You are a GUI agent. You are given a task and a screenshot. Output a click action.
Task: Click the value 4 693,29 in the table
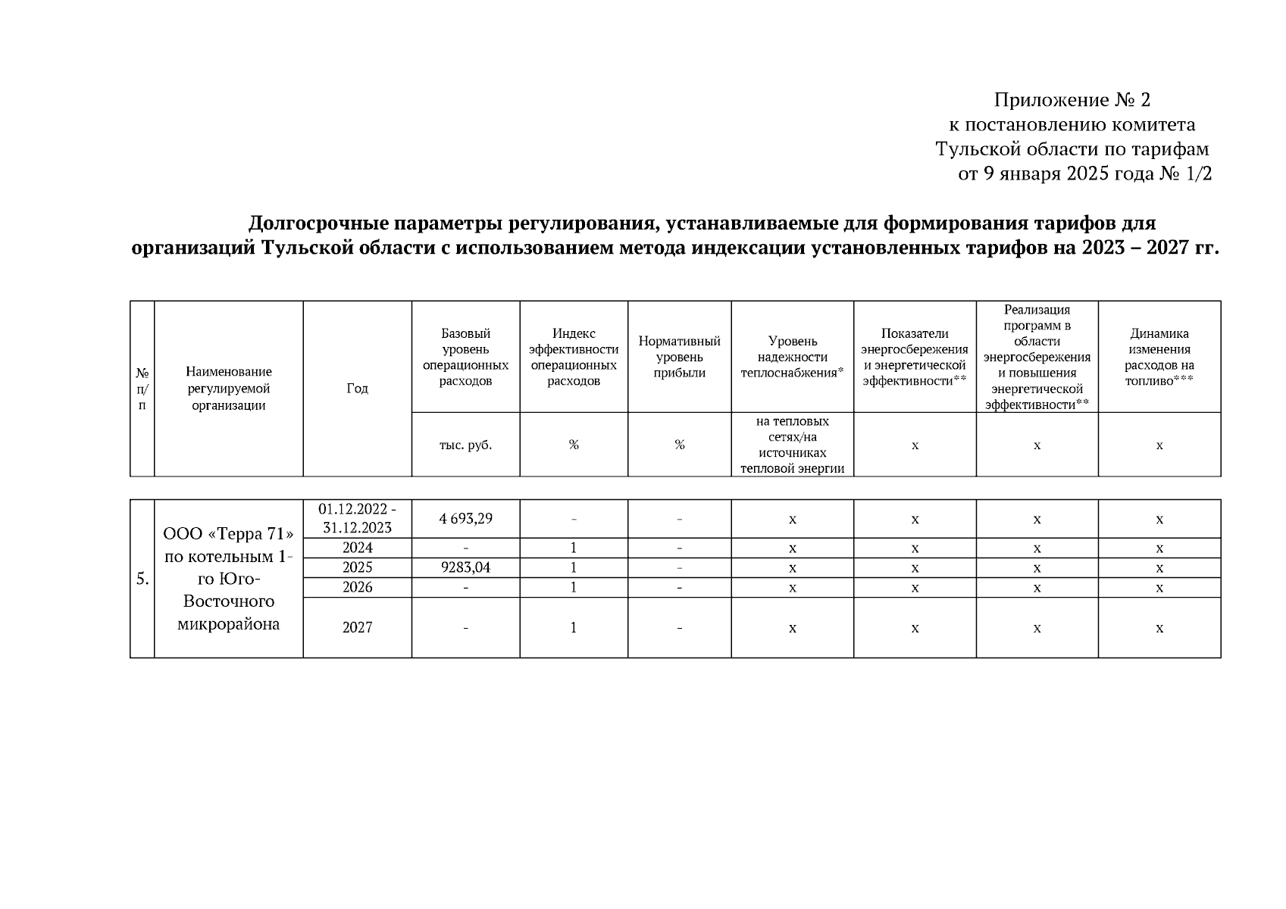pyautogui.click(x=465, y=519)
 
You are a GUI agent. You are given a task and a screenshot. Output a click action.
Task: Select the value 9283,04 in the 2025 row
pyautogui.click(x=465, y=567)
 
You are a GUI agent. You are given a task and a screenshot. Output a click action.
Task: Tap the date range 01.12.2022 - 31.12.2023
pyautogui.click(x=357, y=519)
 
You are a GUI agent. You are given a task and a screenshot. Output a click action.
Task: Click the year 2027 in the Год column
pyautogui.click(x=357, y=627)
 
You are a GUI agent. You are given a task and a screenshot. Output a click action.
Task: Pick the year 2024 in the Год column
pyautogui.click(x=357, y=548)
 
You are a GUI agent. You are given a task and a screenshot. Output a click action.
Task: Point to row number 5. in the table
pyautogui.click(x=142, y=579)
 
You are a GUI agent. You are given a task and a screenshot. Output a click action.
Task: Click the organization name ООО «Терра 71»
pyautogui.click(x=228, y=534)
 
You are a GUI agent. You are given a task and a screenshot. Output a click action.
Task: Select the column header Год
pyautogui.click(x=357, y=389)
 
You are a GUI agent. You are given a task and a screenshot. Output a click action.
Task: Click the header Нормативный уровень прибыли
pyautogui.click(x=679, y=357)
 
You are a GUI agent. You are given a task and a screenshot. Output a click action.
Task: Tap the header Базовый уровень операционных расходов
pyautogui.click(x=465, y=357)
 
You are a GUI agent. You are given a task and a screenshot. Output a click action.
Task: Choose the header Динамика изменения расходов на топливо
pyautogui.click(x=1159, y=357)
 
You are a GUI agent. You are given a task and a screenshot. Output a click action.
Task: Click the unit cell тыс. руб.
pyautogui.click(x=465, y=445)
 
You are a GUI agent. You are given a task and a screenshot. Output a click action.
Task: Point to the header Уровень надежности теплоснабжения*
pyautogui.click(x=792, y=357)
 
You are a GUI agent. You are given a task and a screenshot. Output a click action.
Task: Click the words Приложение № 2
pyautogui.click(x=1072, y=100)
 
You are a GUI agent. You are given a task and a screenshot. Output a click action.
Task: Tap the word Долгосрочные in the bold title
pyautogui.click(x=314, y=223)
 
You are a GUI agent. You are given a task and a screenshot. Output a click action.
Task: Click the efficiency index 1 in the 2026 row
pyautogui.click(x=574, y=587)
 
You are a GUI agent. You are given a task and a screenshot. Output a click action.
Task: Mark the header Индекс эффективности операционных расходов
pyautogui.click(x=574, y=357)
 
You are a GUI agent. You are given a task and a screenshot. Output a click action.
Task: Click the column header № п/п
pyautogui.click(x=142, y=389)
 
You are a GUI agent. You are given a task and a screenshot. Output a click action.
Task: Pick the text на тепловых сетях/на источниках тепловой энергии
pyautogui.click(x=792, y=445)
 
